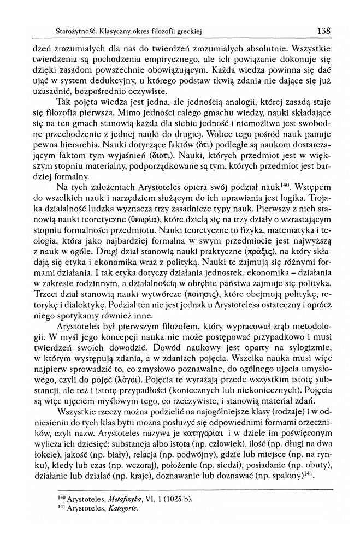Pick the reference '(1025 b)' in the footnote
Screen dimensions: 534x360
pos(179,499)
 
